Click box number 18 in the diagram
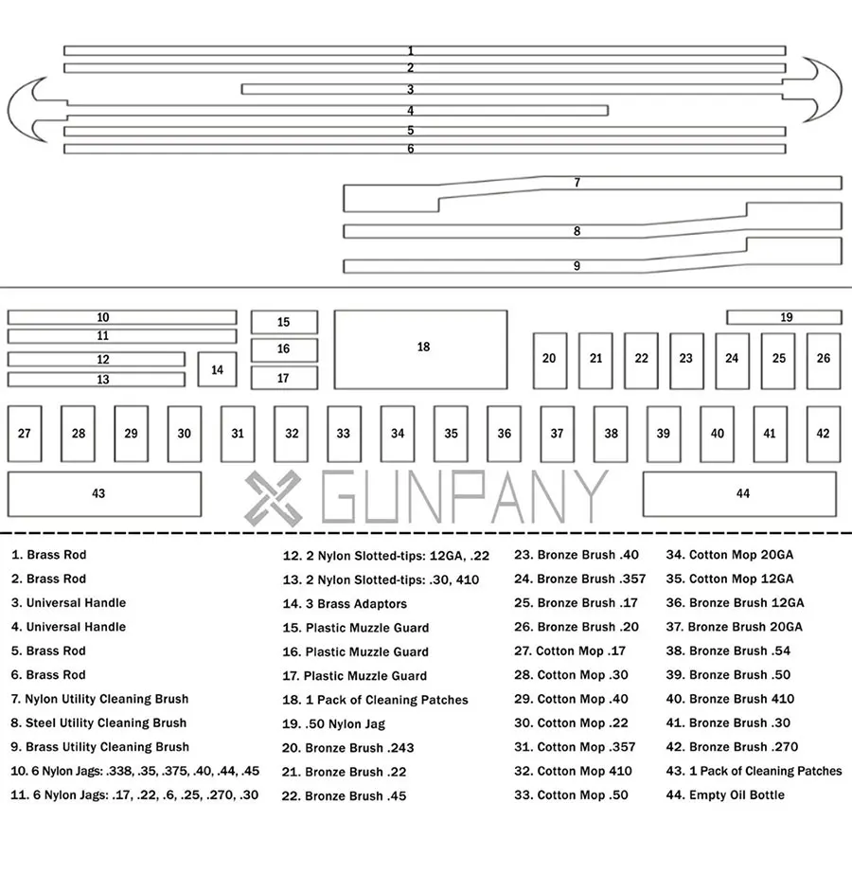pos(420,348)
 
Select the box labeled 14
pos(217,369)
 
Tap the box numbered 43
pos(104,493)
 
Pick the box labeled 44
pos(739,493)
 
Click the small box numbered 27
pos(25,434)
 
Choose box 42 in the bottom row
pos(823,434)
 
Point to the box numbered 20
pos(549,360)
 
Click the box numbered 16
pos(284,349)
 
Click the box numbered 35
pos(451,434)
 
